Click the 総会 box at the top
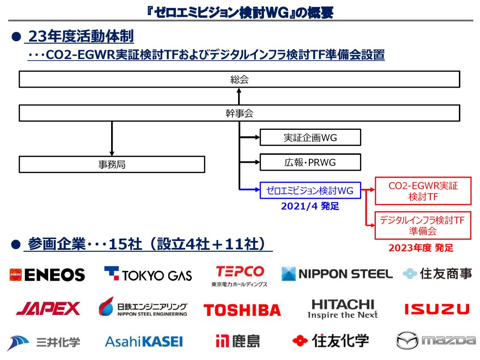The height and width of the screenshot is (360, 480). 239,80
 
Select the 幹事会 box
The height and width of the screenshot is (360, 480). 239,113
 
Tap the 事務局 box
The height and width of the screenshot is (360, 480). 112,165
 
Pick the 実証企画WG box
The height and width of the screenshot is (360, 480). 310,138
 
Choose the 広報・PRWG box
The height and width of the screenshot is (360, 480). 310,163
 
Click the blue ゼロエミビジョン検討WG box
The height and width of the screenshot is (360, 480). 310,190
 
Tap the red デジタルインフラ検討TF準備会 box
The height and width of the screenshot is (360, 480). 423,225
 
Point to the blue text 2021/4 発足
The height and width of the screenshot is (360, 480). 310,206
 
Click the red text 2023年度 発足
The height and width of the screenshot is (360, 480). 421,248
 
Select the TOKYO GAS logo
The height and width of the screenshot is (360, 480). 148,274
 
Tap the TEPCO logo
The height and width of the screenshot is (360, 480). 240,276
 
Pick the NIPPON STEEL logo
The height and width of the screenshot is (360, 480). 337,274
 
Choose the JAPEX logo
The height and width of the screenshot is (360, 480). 48,308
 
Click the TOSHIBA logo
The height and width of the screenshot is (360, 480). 242,310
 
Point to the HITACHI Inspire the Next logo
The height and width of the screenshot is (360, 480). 343,309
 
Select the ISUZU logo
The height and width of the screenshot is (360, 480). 436,309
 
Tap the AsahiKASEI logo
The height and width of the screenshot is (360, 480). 143,341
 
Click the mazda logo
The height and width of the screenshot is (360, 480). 435,340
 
